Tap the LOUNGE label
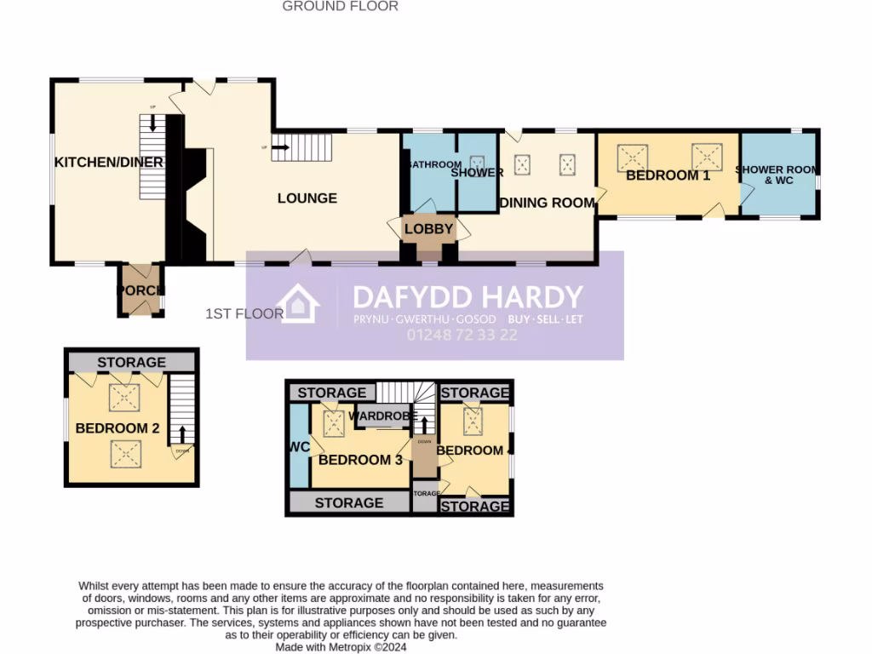(307, 198)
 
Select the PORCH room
(141, 290)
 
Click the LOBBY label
(430, 229)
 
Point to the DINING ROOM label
(547, 203)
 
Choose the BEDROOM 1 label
(668, 175)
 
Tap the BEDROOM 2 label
(118, 428)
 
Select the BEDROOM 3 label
(360, 460)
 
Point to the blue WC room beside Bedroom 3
(299, 445)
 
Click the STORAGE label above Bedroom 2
(131, 363)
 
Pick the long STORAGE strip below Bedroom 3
(349, 502)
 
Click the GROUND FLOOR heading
(340, 6)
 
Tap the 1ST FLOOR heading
(244, 313)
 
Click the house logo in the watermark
(298, 304)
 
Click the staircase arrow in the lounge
(281, 147)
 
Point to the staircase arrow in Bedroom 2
(182, 434)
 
